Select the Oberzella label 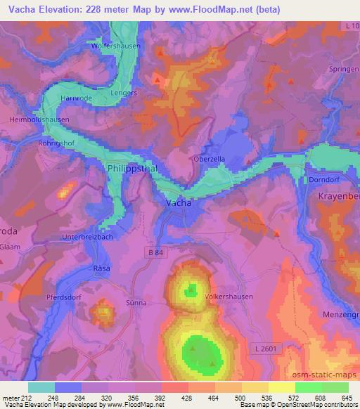(x=210, y=160)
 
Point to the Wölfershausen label (x=117, y=46)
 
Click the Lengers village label (x=124, y=93)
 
